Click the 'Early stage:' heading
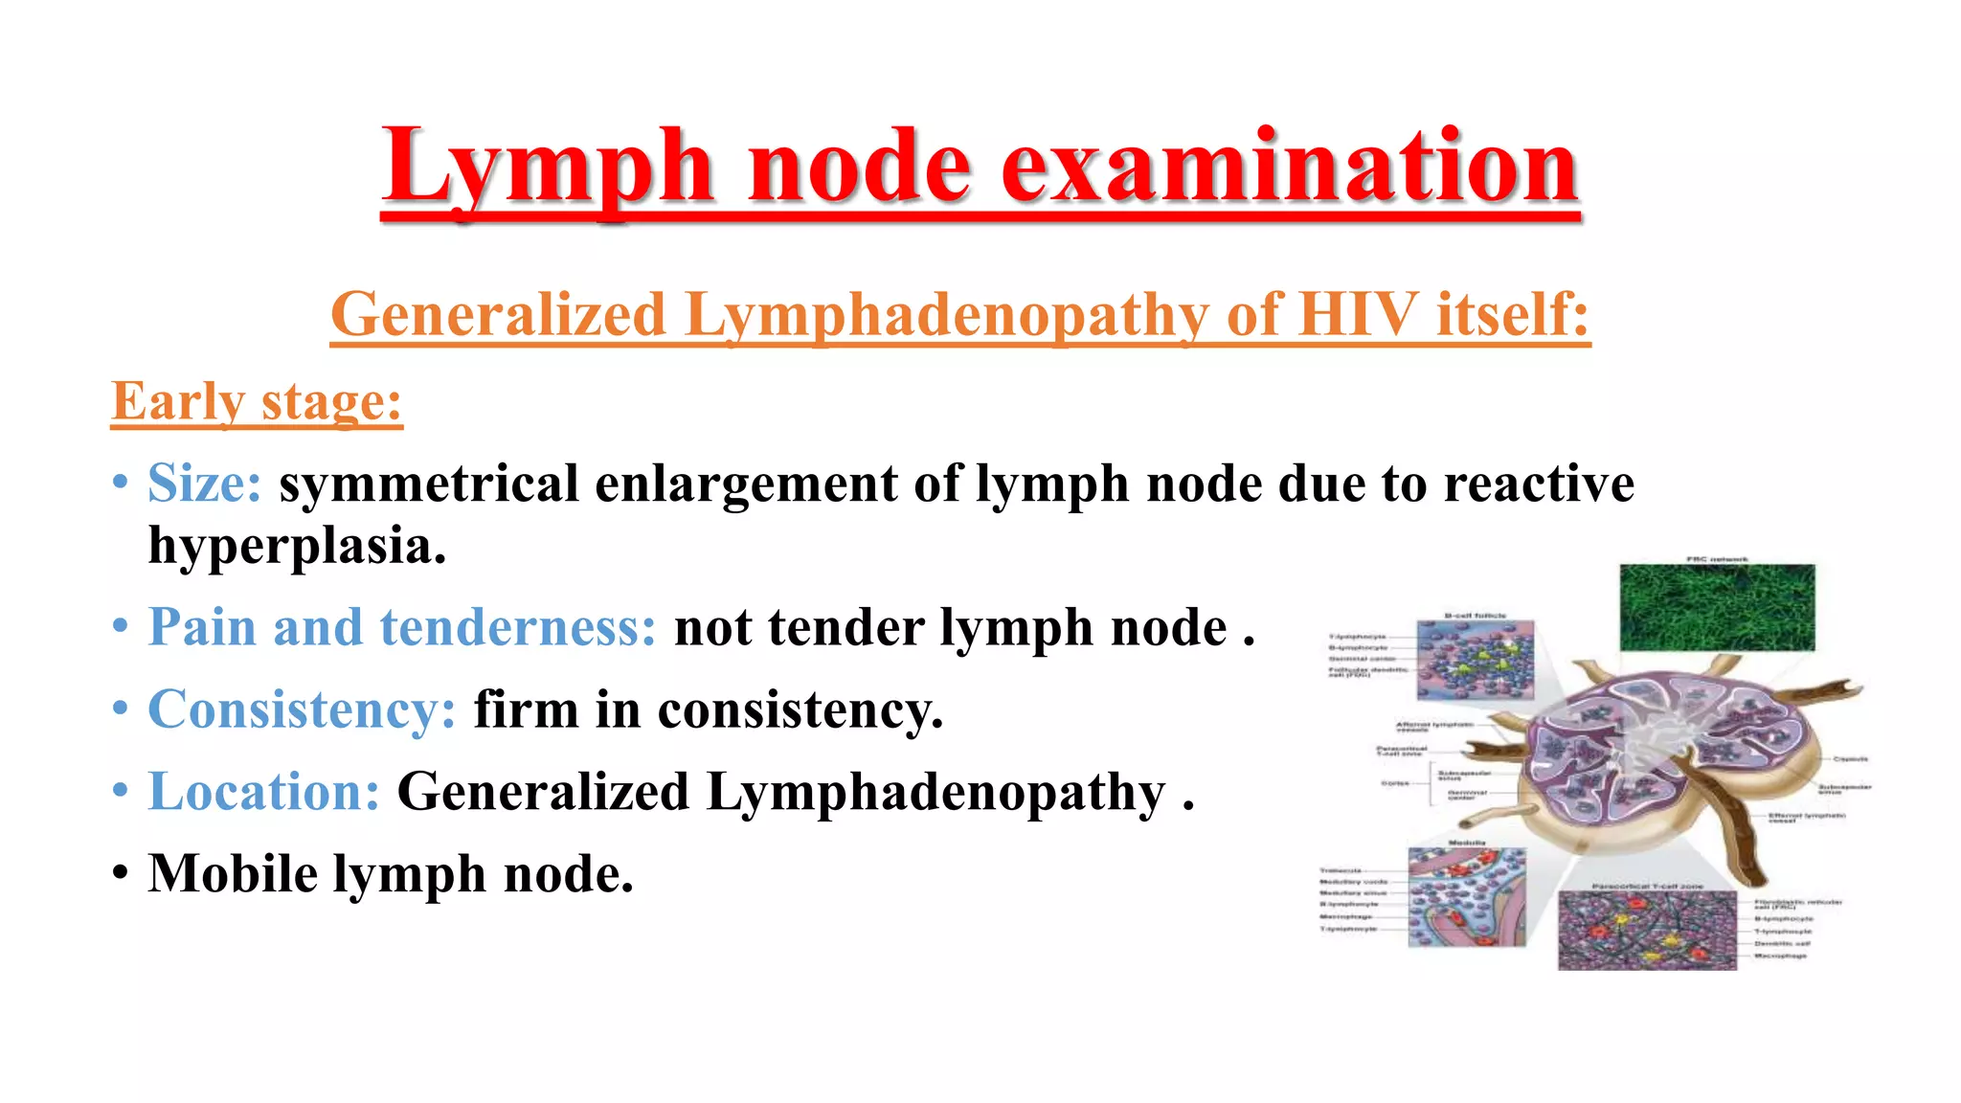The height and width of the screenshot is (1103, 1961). coord(257,401)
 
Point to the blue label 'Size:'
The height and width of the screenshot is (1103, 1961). coord(204,483)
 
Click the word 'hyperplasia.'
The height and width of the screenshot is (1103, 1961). coord(297,547)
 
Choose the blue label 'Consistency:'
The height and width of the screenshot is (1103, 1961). coord(302,710)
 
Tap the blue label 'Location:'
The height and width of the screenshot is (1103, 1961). coord(264,792)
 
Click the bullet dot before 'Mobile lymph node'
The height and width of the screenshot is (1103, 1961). coord(120,874)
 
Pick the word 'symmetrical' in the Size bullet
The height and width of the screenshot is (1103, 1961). coord(428,483)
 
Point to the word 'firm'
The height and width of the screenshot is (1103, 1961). coord(526,710)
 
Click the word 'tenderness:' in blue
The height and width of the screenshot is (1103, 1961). coord(518,628)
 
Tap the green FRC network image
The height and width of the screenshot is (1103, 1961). coord(1717,607)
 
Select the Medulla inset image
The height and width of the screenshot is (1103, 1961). coord(1466,898)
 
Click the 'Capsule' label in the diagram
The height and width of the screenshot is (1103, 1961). coord(1850,759)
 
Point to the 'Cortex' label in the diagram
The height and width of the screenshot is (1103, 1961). coord(1394,783)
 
